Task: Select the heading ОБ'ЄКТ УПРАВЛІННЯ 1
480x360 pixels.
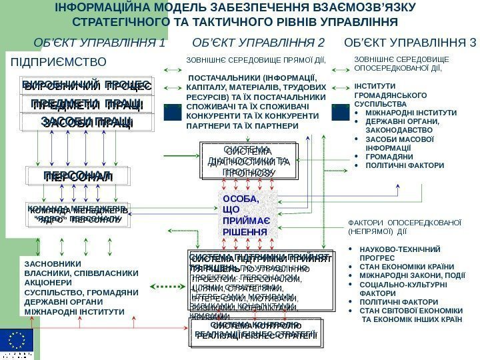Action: [x=100, y=44]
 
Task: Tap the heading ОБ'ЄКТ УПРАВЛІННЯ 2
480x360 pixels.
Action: [x=258, y=44]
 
